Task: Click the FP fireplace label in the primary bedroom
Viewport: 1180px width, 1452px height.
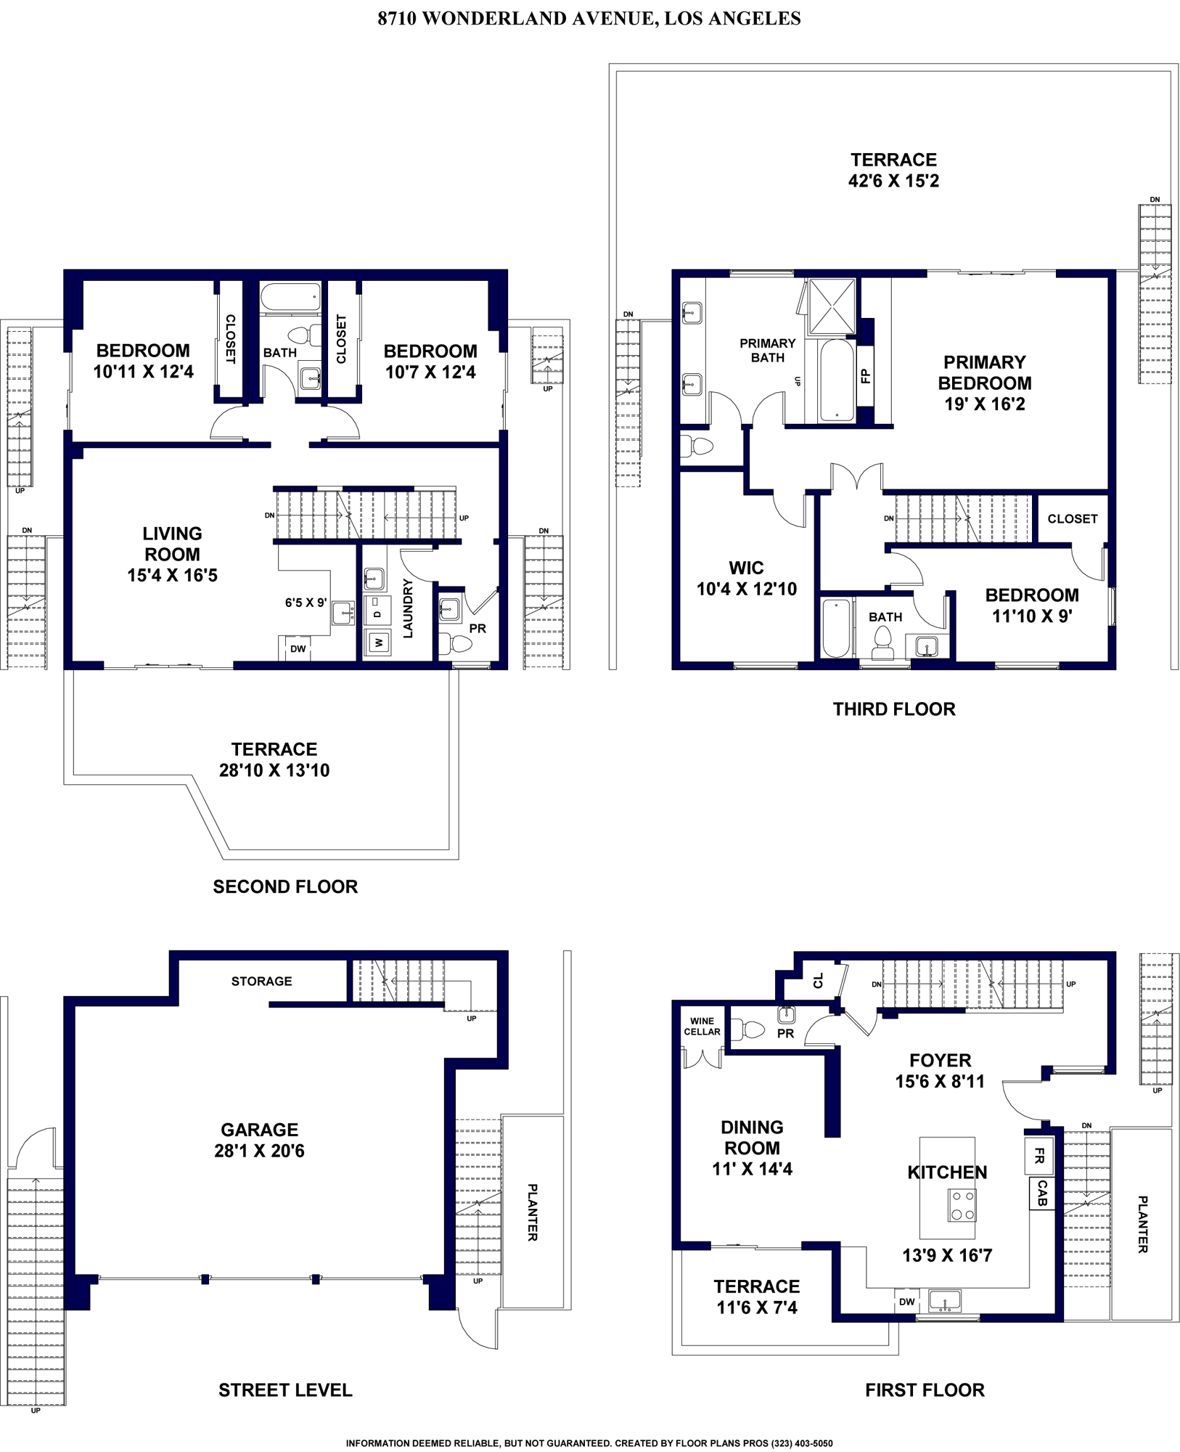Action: [x=865, y=375]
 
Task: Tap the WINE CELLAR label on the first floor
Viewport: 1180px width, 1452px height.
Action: [x=702, y=1026]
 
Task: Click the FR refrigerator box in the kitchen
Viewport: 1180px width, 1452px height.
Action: [x=1038, y=1157]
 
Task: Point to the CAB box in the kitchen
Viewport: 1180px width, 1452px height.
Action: [x=1041, y=1194]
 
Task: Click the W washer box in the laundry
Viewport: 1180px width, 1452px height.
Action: [x=377, y=642]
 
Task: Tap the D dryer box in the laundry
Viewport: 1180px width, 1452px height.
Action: [x=377, y=612]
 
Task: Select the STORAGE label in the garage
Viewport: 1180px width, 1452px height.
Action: [x=261, y=981]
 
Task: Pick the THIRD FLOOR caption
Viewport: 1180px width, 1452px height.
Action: [x=894, y=709]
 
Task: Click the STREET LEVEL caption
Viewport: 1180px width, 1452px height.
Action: [x=285, y=1390]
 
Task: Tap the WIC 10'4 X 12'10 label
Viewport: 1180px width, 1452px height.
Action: [x=747, y=579]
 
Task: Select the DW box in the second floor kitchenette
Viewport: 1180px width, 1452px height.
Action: [x=298, y=649]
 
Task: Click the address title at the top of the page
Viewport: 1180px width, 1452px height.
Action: [x=589, y=18]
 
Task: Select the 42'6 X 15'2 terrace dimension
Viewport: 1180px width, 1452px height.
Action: [x=893, y=180]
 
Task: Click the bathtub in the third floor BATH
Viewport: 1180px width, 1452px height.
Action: [x=836, y=627]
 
